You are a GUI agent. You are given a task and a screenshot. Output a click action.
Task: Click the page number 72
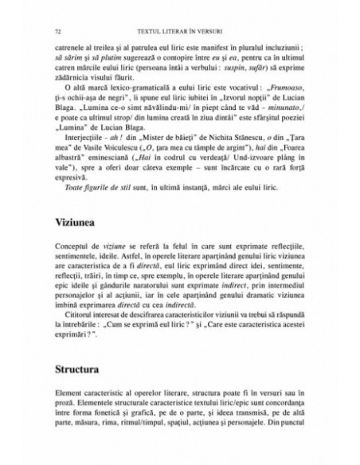[x=58, y=31]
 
